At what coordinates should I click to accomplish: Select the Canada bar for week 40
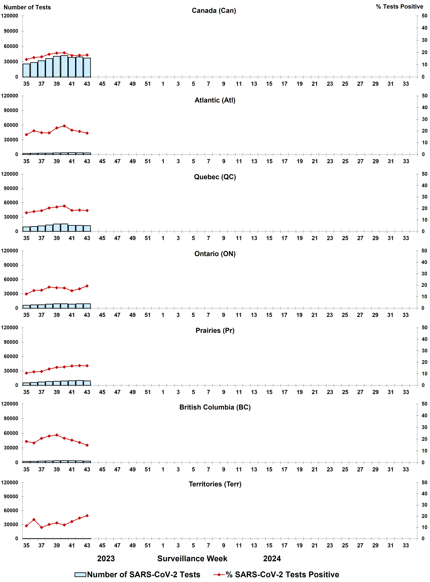64,66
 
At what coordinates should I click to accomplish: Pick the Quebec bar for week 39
57,228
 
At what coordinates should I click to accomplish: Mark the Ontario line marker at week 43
87,286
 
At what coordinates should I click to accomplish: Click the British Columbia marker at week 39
57,435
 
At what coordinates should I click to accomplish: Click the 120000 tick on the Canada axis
10,16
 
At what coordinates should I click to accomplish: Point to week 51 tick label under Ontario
148,315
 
